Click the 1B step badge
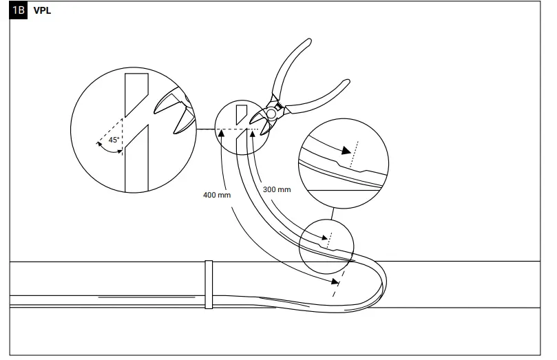(x=18, y=11)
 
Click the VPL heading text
(x=43, y=11)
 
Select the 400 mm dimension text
(x=216, y=195)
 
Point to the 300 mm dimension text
(x=277, y=188)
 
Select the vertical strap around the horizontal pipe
(x=207, y=284)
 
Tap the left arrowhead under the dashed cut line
(x=222, y=134)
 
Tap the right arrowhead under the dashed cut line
(x=253, y=134)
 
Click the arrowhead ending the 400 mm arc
(x=334, y=281)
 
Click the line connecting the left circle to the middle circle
(x=206, y=129)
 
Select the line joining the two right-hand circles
(x=333, y=212)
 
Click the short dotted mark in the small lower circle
(x=328, y=238)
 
